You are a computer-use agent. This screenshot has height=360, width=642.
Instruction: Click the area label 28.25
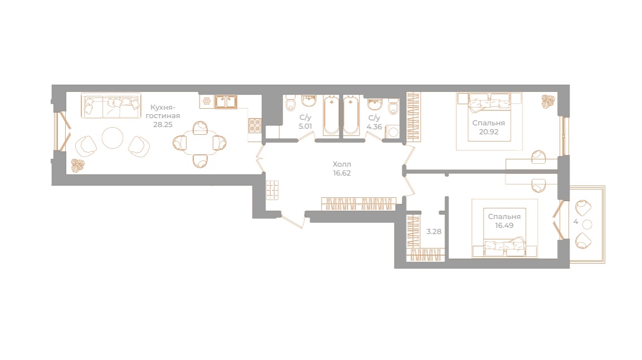coord(163,124)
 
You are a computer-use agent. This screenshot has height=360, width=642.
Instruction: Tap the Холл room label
coord(342,164)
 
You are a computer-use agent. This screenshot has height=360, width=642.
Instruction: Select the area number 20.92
coord(488,132)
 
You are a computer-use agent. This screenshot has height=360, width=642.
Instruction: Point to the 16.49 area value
coord(504,225)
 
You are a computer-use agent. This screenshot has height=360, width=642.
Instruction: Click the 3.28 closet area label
coord(434,231)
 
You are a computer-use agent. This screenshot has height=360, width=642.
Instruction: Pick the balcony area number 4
coord(576,222)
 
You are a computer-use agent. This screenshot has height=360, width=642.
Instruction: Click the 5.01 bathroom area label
coord(305,126)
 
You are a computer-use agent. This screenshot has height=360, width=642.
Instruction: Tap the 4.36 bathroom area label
coord(374,127)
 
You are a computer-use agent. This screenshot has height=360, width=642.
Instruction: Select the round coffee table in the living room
coord(112,138)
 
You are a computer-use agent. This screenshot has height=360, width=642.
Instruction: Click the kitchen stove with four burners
coord(255,125)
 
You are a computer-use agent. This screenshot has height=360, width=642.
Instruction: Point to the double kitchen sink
coord(226,102)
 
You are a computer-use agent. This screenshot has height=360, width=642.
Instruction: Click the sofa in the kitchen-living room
coord(111,106)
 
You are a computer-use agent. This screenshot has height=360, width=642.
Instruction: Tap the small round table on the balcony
coord(587,225)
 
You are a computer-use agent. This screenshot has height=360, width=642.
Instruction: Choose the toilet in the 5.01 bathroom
coord(291,104)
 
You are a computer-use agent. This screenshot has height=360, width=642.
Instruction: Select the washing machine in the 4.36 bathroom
coord(393,132)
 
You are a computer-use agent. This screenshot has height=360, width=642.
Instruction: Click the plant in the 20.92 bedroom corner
coord(548,101)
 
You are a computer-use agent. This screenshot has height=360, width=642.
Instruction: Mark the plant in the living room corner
coord(77,166)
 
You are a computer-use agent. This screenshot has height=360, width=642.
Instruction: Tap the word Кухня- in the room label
coord(163,108)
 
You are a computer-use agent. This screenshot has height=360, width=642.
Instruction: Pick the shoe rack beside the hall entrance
coord(273,190)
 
